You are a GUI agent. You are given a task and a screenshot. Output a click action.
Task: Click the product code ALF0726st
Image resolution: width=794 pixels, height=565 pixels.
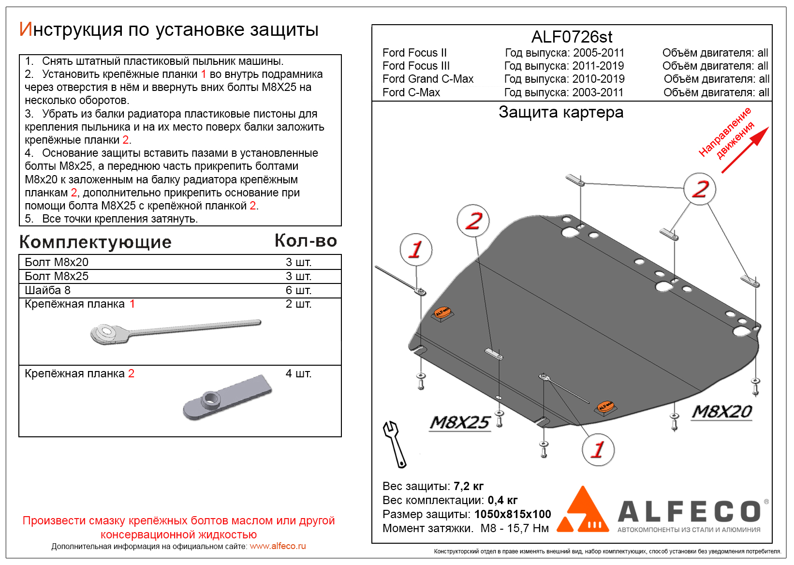point(572,37)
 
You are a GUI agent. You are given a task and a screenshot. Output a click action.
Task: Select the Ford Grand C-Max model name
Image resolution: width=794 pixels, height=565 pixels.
point(427,79)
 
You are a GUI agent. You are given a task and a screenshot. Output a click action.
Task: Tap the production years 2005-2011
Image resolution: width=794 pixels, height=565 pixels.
point(598,53)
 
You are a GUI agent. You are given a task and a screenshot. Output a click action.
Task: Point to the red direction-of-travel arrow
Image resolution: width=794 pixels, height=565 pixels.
point(745,149)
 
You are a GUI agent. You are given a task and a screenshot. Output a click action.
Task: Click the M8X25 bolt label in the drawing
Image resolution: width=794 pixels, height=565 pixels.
point(460,422)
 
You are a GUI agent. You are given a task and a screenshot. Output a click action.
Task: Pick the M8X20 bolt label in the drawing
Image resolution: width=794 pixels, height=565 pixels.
point(721,412)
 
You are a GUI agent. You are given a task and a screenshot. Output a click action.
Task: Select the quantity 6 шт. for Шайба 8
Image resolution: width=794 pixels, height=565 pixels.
point(298,290)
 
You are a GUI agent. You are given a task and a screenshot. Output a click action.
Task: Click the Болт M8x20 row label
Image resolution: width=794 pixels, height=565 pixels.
point(57,262)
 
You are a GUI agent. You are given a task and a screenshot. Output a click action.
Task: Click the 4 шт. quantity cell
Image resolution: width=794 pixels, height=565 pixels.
point(298,373)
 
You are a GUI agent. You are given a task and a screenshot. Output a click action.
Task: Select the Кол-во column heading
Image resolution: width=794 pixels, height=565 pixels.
point(306,240)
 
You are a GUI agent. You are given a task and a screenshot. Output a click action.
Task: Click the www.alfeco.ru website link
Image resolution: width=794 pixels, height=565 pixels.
point(278,546)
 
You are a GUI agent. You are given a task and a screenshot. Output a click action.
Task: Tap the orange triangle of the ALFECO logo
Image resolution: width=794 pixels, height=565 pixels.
point(583,510)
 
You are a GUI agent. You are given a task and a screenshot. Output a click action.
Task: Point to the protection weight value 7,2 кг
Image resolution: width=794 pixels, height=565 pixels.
point(468,486)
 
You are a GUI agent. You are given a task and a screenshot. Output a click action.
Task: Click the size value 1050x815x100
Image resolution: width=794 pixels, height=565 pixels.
point(513,514)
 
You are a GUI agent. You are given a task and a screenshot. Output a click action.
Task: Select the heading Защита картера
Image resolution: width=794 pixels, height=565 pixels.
point(561,112)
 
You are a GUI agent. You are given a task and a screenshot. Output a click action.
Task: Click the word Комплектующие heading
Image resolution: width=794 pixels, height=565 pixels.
point(95,242)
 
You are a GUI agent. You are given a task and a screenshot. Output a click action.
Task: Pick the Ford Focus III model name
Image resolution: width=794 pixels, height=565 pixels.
point(416,66)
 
